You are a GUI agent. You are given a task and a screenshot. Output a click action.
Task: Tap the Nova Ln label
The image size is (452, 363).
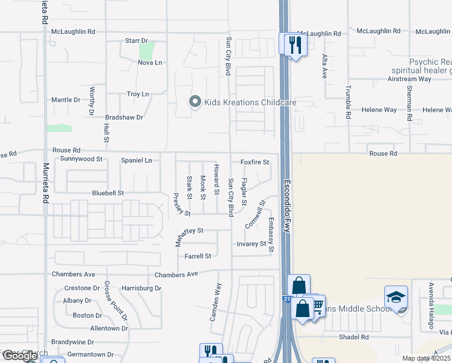coord(150,62)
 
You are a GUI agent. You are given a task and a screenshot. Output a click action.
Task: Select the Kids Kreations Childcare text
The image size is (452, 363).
coord(250,102)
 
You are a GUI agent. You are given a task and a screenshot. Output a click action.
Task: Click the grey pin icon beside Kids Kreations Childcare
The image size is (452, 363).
coord(195,102)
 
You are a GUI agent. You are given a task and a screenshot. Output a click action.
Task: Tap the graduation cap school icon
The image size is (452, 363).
coord(396,298)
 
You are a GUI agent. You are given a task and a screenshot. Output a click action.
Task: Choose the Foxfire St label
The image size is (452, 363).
coord(254,162)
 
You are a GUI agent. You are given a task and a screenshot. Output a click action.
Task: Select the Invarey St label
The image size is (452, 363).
coord(251,244)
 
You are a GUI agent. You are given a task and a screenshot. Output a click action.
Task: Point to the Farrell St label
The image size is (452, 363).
coord(198,256)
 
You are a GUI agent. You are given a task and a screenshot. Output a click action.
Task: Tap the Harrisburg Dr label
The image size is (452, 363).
coord(141,288)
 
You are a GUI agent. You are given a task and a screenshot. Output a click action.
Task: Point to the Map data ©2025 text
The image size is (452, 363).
coord(426,358)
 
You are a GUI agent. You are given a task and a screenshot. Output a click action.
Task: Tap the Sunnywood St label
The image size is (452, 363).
coord(82,159)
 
